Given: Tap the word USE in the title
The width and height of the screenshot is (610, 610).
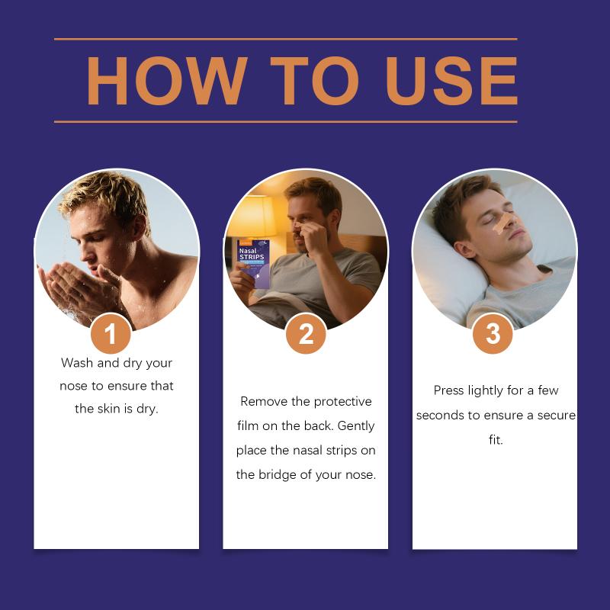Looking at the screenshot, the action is coord(451,81).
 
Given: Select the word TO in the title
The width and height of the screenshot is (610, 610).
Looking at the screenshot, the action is coord(314,81).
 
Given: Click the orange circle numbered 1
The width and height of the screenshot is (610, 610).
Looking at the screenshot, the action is coord(111,333).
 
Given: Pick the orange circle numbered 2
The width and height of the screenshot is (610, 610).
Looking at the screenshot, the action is coord(306,333).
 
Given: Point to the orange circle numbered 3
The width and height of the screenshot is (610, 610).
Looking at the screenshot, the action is coord(493,333).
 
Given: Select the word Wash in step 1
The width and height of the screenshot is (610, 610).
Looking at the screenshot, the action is coord(77,363).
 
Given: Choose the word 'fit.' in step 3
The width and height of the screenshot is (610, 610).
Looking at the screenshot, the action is coord(496,440).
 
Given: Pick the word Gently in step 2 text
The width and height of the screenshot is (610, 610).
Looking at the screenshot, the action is coord(355,426).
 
